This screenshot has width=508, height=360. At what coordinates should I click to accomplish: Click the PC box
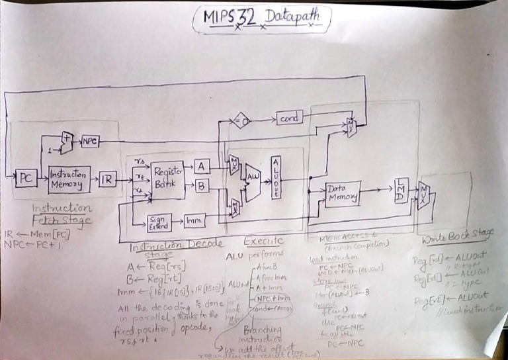(x=26, y=178)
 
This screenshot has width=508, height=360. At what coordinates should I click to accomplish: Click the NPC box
(x=89, y=140)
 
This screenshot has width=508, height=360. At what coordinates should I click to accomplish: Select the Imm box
(x=193, y=219)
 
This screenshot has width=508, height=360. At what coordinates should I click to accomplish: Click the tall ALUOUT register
(x=276, y=177)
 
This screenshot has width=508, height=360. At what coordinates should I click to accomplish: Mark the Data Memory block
(x=343, y=193)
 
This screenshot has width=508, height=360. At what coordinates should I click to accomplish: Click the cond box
(x=289, y=118)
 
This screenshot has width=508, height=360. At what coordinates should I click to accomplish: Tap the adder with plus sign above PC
(x=67, y=140)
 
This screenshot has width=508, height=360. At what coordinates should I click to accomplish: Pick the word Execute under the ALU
(x=264, y=240)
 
